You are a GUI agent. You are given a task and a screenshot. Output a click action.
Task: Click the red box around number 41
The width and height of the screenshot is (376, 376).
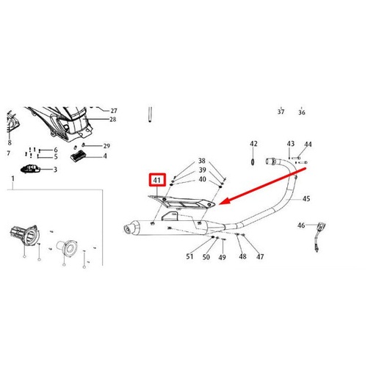click(156, 181)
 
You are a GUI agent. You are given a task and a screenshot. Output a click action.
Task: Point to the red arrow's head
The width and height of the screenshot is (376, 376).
click(224, 201)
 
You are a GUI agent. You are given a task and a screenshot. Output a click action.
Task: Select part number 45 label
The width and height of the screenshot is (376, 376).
click(306, 198)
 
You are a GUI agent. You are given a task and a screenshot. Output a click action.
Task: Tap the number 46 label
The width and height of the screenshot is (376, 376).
click(301, 225)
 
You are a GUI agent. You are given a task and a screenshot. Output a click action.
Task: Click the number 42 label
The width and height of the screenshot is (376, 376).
click(253, 144)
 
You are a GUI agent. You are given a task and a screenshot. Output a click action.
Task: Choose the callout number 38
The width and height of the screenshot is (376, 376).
click(202, 162)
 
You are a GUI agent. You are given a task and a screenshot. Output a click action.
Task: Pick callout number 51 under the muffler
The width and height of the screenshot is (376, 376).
click(189, 256)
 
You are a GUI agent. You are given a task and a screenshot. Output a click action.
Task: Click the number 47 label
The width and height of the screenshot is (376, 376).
click(260, 256)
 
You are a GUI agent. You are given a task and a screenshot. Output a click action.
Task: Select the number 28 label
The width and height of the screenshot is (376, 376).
click(113, 119)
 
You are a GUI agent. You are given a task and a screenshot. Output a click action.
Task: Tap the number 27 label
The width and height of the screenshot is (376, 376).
click(113, 110)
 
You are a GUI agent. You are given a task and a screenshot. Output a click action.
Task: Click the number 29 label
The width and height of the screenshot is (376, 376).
click(106, 146)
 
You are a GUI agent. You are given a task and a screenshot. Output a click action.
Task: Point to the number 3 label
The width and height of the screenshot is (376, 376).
click(54, 170)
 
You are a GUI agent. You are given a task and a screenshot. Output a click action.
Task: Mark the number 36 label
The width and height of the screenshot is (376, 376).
click(302, 112)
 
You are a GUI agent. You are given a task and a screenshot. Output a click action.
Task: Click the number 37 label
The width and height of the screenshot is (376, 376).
click(281, 112)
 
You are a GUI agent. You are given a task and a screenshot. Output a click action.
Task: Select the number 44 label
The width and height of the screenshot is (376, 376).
click(308, 144)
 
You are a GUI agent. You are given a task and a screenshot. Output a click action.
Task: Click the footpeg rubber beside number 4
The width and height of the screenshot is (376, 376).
click(78, 156)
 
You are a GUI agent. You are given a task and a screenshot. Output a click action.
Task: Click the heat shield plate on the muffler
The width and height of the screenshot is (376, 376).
click(184, 202)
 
